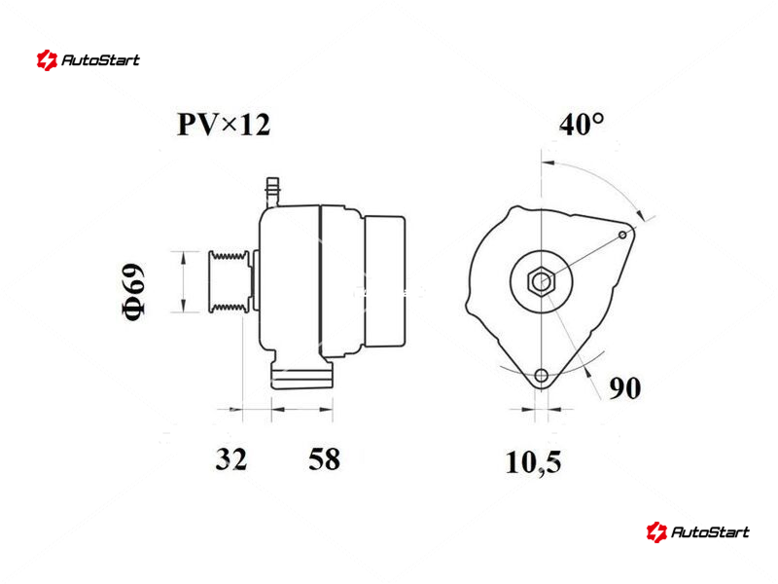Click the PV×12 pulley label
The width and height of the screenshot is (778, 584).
coord(224,125)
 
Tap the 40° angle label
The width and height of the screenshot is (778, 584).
coord(582,125)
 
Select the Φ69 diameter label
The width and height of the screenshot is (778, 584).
coord(134,292)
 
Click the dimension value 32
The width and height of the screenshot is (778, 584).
coord(231,458)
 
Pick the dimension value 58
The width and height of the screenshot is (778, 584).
coord(325,458)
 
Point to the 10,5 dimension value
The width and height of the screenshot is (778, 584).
coord(533,462)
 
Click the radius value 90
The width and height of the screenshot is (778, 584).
coord(624,387)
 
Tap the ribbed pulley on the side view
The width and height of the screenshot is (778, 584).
coord(229,281)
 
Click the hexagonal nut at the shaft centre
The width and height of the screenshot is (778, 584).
coord(541,281)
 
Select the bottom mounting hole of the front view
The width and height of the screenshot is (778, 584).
coord(542,376)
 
